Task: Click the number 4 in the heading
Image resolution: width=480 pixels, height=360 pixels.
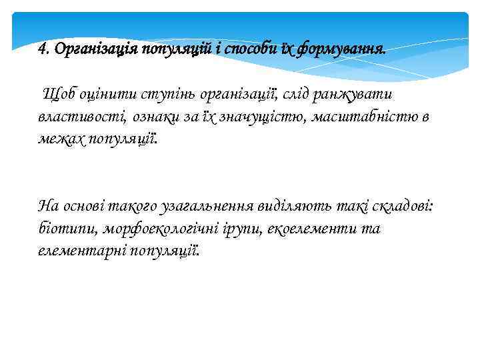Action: coord(43,49)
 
